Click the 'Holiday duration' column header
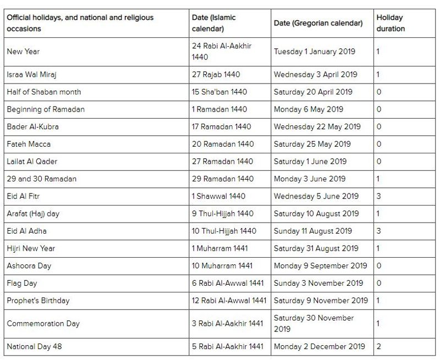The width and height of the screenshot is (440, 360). (391, 23)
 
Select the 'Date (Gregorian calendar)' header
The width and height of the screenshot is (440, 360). (318, 23)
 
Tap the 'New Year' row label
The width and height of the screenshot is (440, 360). (23, 52)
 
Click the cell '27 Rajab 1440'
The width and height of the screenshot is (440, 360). (216, 74)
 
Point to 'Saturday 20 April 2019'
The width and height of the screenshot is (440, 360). (313, 92)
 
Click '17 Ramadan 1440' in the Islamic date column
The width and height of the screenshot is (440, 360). (221, 126)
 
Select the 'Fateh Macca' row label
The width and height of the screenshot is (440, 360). (29, 144)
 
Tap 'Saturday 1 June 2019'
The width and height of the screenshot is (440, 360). (310, 162)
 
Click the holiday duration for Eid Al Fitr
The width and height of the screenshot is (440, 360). (378, 196)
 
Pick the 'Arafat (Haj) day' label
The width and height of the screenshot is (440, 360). (33, 214)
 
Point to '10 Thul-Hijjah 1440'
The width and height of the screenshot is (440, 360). (224, 231)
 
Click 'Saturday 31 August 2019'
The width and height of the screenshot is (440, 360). (316, 248)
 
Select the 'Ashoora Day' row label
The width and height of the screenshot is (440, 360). (29, 266)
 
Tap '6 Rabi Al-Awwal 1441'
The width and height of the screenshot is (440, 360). (228, 284)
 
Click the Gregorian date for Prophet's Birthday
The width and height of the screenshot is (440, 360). (321, 301)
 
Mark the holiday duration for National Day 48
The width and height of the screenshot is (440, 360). (378, 346)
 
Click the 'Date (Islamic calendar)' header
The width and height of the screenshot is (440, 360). (215, 23)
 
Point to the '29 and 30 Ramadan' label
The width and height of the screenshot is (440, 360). (42, 179)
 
